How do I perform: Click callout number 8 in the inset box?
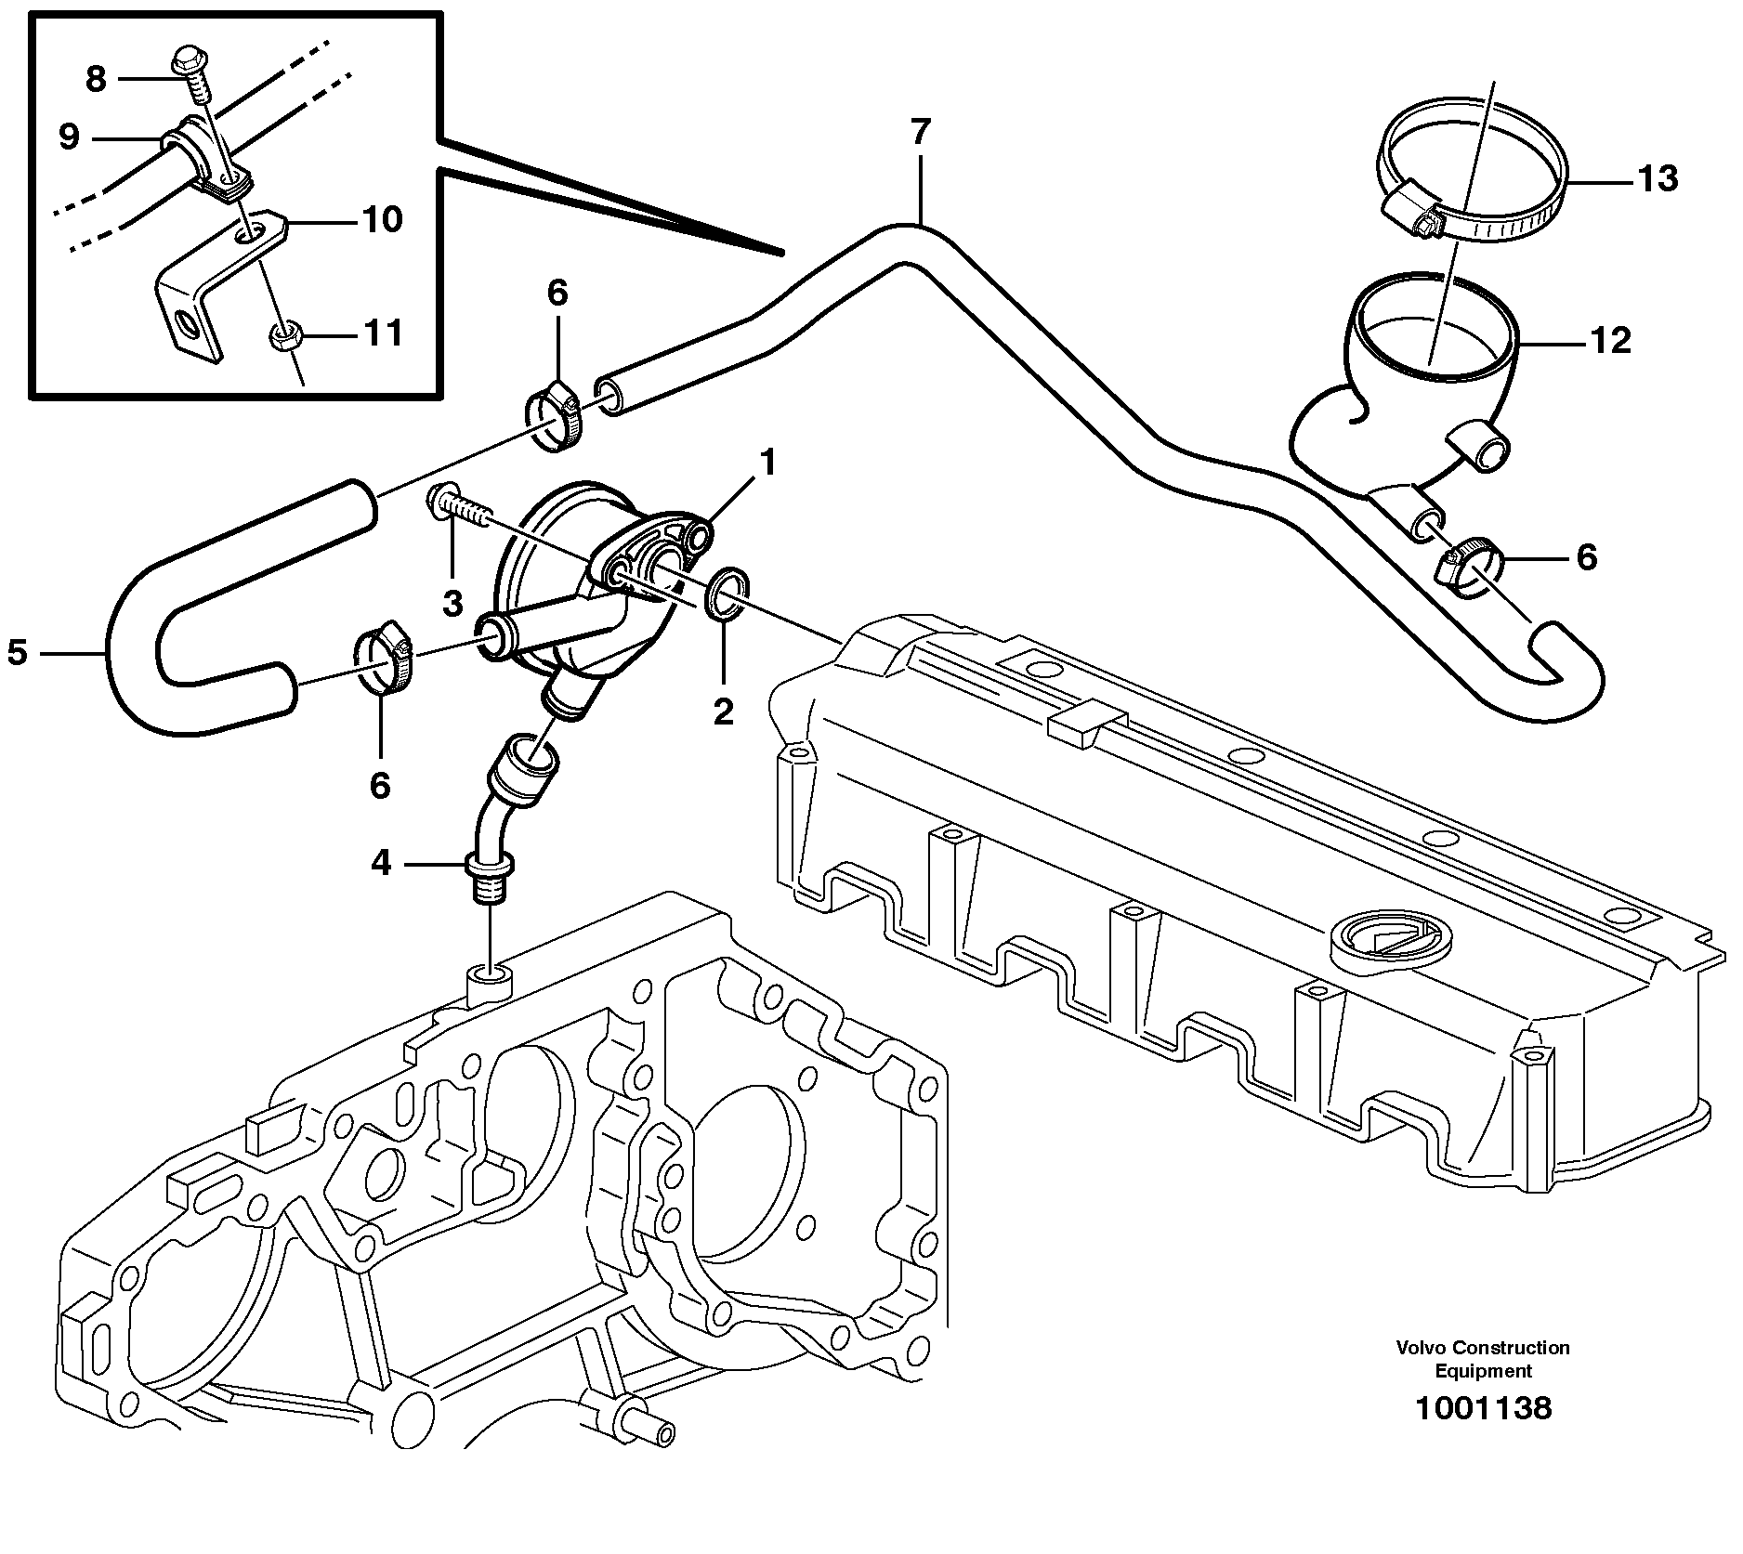(x=96, y=80)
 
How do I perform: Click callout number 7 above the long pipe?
(x=919, y=133)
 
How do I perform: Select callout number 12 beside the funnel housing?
(x=1610, y=341)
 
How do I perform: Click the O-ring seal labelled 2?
(x=726, y=594)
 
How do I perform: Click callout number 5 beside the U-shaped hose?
(x=18, y=652)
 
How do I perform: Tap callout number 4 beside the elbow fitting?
(x=381, y=864)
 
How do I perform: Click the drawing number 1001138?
(x=1482, y=1407)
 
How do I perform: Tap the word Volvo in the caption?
(x=1421, y=1347)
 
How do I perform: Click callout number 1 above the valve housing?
(x=767, y=463)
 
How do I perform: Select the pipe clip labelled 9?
(x=198, y=153)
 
